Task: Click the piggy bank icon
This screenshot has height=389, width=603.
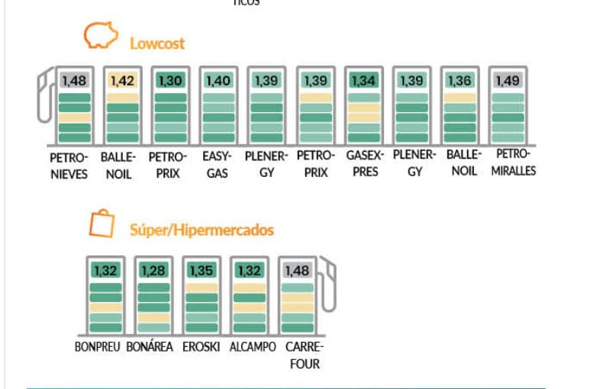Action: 101,36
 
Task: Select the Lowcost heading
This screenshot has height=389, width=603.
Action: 156,43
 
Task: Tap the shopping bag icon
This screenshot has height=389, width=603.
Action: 102,223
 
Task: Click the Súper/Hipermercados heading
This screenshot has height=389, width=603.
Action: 202,230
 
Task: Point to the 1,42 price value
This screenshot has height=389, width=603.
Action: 122,80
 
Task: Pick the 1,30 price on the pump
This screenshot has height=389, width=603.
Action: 169,80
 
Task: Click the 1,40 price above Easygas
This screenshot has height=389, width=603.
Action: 218,80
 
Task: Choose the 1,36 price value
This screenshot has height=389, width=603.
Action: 460,80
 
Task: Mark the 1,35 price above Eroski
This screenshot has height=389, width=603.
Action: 202,270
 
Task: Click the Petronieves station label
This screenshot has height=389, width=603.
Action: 69,166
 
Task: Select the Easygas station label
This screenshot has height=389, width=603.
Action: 218,165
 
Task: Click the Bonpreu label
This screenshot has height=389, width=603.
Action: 98,347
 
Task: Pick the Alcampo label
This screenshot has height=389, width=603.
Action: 253,347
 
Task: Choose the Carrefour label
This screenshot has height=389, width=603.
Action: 304,355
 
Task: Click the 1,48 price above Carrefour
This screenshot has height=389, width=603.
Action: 297,270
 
